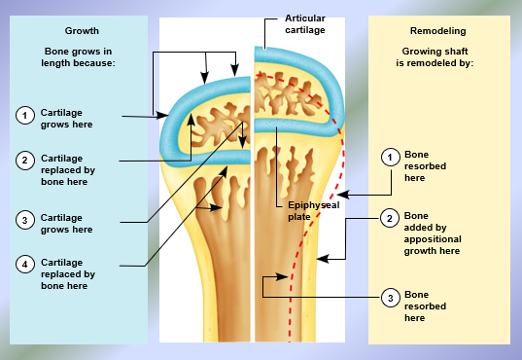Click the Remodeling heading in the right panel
442,31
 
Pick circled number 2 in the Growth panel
24,160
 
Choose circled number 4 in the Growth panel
24,263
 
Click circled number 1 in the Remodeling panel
390,157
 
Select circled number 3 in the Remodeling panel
390,297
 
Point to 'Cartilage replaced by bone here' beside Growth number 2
68,169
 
